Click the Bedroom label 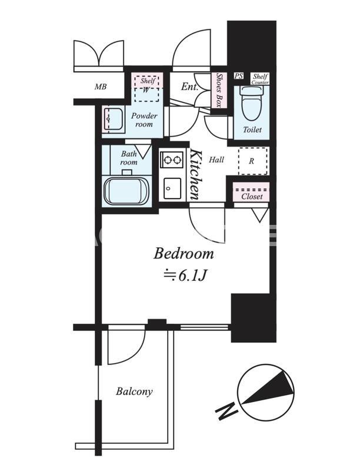pos(184,254)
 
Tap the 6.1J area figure pos(192,275)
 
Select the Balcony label pos(134,392)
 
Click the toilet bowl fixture pos(251,103)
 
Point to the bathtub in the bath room pos(126,191)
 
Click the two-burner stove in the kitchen pos(172,159)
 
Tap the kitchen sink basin pos(172,188)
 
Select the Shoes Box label pos(219,91)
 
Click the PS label pos(239,76)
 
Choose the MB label pos(101,87)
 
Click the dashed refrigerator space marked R pos(252,161)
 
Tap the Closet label pos(252,197)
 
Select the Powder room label pos(144,120)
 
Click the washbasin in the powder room pos(113,120)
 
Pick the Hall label pos(216,160)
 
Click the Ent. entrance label pos(189,87)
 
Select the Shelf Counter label pos(260,79)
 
